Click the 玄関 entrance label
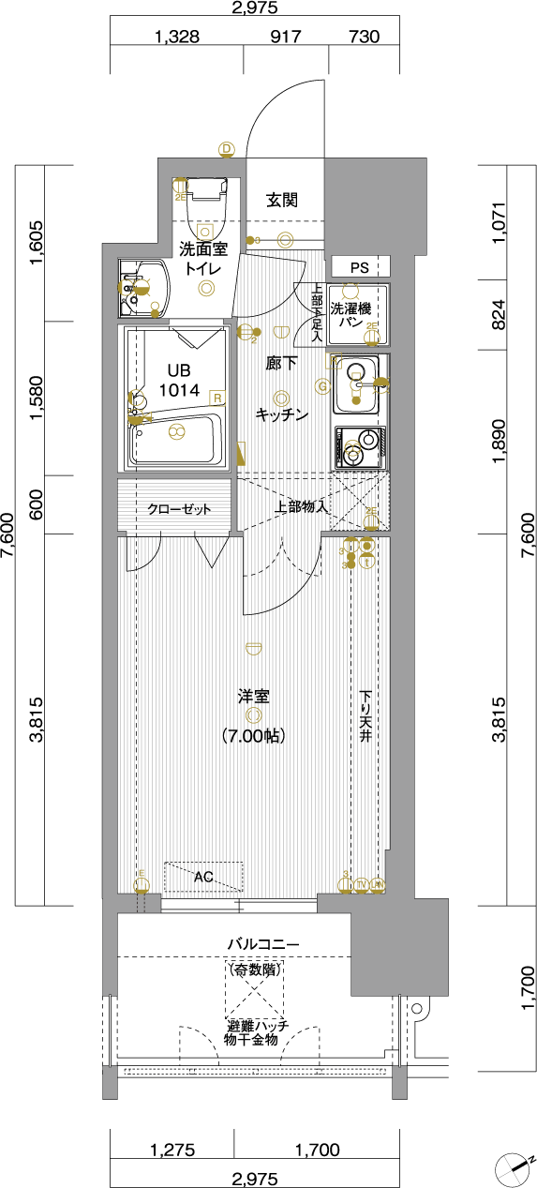click(x=282, y=200)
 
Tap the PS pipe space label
click(x=358, y=268)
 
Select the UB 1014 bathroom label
click(x=178, y=380)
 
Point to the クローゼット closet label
click(x=178, y=509)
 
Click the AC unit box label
click(x=203, y=878)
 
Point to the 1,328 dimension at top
click(x=177, y=38)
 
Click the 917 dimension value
click(x=285, y=38)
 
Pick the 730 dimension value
click(x=364, y=38)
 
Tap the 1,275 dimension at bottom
click(x=172, y=1150)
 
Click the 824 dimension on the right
click(x=500, y=315)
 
